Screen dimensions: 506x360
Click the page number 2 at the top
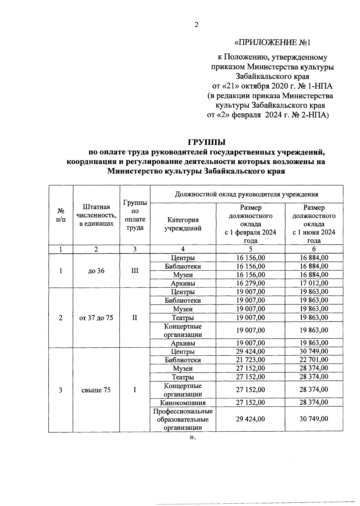196,25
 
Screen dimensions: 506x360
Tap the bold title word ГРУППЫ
206,142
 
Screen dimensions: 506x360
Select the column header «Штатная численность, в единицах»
96,215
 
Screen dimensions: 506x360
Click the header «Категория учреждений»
183,224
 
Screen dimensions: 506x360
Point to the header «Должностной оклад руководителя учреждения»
246,194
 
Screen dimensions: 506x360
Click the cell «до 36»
96,271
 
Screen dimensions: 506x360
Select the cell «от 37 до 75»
96,318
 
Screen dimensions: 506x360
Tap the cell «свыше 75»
96,390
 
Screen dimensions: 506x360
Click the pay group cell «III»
135,271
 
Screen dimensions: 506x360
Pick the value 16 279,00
250,283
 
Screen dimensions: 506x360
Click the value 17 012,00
314,283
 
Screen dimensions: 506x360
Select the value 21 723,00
250,360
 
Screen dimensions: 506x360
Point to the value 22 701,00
314,360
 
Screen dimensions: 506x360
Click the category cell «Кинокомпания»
183,403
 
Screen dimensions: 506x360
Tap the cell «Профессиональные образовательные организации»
183,419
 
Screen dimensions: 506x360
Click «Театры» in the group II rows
183,317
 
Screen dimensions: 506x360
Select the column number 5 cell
250,249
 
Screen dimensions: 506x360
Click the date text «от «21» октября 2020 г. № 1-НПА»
272,86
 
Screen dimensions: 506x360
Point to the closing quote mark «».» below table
192,438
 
